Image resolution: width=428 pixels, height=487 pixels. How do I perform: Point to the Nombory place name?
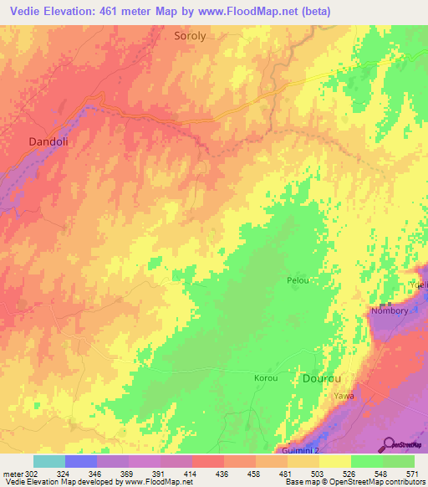pos(390,311)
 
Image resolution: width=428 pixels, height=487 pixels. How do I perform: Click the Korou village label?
pos(265,378)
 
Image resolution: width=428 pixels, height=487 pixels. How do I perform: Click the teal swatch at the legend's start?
pos(49,461)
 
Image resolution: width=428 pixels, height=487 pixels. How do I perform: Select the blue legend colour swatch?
pos(81,461)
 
